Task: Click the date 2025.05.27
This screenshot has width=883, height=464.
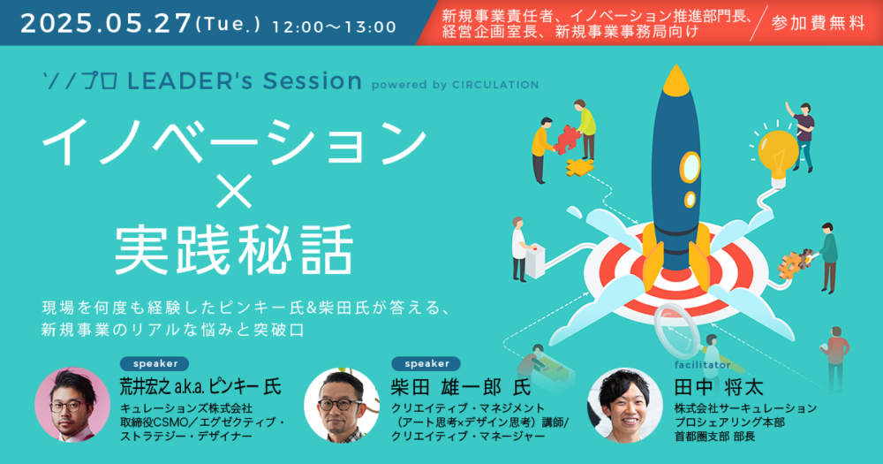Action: point(106,24)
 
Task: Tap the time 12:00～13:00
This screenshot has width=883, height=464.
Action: point(335,27)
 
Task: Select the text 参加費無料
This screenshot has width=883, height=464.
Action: point(818,23)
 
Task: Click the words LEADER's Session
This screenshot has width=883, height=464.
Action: point(245,81)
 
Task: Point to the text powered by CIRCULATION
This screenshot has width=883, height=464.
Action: point(455,85)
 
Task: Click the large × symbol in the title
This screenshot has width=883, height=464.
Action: point(234,192)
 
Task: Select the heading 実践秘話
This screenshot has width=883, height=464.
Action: point(234,250)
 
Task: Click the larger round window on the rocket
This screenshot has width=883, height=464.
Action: point(690,167)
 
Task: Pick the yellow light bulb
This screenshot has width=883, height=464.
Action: point(777,155)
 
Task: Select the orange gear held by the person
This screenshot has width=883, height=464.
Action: point(794,262)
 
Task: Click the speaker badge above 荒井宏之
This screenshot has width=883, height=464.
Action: point(155,363)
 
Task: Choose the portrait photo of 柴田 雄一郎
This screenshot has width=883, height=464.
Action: point(342,406)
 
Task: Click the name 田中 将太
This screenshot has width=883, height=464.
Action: point(719,387)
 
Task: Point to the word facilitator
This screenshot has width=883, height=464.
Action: point(702,365)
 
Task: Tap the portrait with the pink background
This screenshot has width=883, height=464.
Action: point(72,405)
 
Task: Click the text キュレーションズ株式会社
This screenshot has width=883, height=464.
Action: point(185,408)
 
